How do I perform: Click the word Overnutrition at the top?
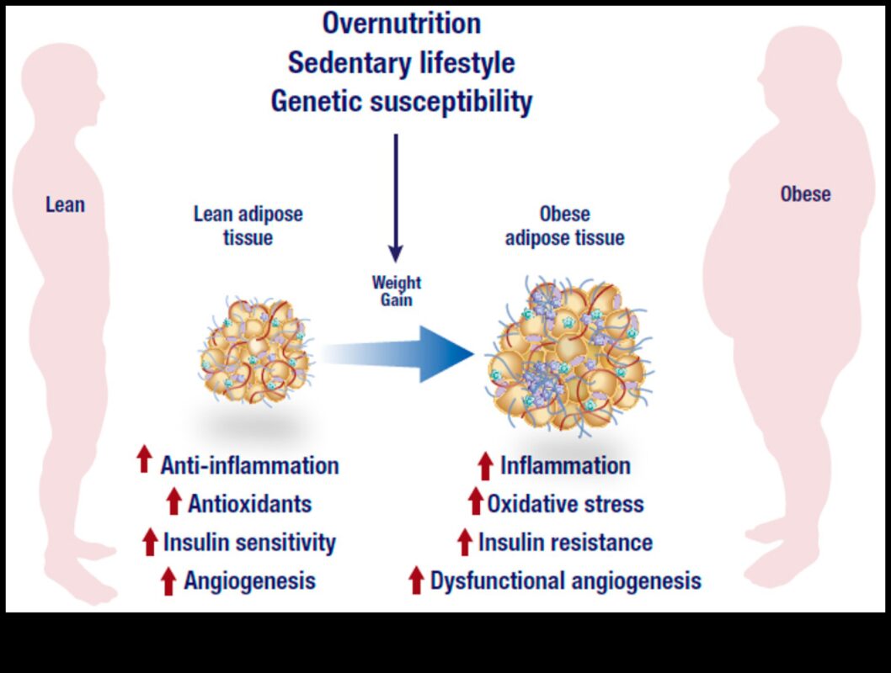pos(401,24)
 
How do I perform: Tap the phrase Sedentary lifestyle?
pos(401,63)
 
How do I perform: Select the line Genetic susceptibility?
pos(401,102)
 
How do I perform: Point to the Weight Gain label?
pos(396,291)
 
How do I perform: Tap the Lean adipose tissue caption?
pos(248,225)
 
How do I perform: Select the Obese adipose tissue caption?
pos(564,225)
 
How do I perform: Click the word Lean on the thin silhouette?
pos(65,204)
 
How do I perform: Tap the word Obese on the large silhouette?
pos(805,194)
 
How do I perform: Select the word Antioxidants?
pos(250,504)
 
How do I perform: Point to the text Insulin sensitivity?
pos(249,543)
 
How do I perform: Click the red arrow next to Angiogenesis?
pos(168,580)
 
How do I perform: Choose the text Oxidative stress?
pos(565,504)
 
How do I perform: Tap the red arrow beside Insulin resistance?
pos(464,543)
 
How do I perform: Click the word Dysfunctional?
pos(497,580)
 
